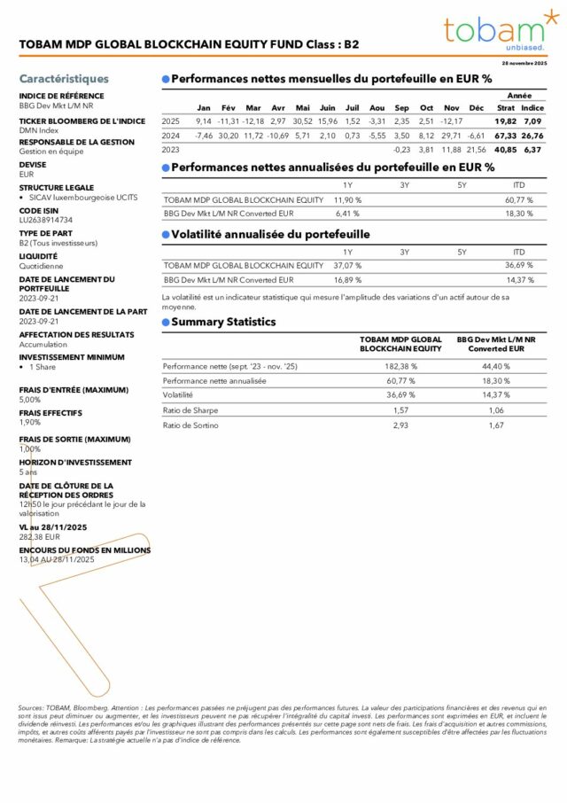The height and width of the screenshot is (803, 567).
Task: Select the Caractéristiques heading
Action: click(x=64, y=79)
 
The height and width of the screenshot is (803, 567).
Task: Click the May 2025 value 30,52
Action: click(x=302, y=121)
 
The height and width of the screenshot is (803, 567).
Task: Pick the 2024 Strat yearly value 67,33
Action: click(x=506, y=136)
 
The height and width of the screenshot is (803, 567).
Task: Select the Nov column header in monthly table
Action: click(x=451, y=108)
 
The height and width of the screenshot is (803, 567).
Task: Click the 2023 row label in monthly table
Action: click(x=170, y=150)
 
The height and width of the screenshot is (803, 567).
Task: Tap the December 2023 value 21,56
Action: click(x=477, y=150)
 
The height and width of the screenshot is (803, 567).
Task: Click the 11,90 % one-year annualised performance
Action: click(x=347, y=199)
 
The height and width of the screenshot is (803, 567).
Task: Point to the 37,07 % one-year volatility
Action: click(x=347, y=265)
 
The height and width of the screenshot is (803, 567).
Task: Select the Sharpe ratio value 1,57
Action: click(x=400, y=409)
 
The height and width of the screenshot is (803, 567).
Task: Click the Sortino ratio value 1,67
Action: click(x=495, y=425)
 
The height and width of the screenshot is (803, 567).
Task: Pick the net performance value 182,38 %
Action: click(x=400, y=365)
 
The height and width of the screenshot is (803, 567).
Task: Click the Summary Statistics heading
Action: click(x=222, y=322)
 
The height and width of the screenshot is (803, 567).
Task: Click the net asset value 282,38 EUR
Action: click(x=39, y=537)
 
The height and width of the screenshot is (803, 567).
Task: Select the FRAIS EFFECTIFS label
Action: click(x=50, y=413)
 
